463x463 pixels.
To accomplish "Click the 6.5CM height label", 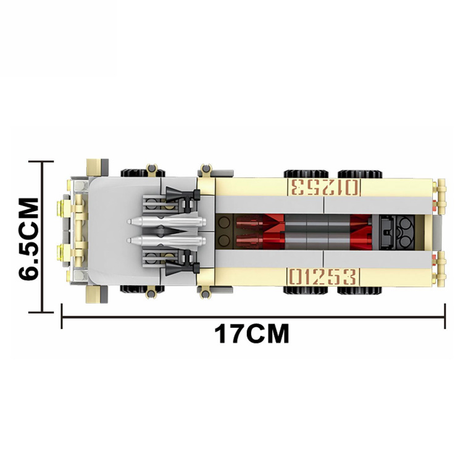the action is tap(28, 239).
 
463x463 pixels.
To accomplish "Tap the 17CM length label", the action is tap(252, 334).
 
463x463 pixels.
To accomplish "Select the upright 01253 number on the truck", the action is tap(323, 277).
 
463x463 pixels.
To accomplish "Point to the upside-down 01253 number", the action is tap(325, 187).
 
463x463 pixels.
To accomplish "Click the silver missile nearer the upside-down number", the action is tap(166, 221).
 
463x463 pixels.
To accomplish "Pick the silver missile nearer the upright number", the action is tap(166, 240).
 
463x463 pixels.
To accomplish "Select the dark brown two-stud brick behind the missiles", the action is tap(224, 231).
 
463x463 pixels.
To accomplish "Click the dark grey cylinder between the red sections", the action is tap(317, 231).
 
